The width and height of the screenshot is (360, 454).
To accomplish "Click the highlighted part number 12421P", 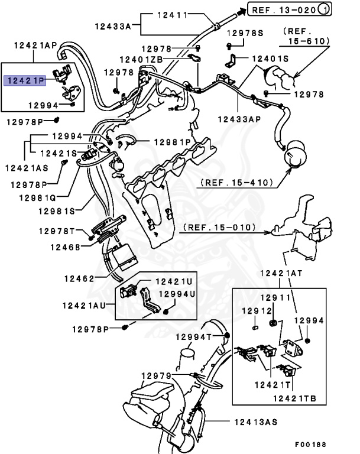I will click(x=24, y=81).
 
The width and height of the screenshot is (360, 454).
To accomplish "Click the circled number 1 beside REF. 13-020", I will click(x=323, y=9).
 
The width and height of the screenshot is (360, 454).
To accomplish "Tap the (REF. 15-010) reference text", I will click(x=219, y=227).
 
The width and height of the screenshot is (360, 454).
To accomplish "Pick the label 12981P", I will click(x=172, y=142).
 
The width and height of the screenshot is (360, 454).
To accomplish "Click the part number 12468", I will click(x=65, y=248).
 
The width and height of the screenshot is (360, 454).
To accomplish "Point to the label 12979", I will click(x=156, y=375).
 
